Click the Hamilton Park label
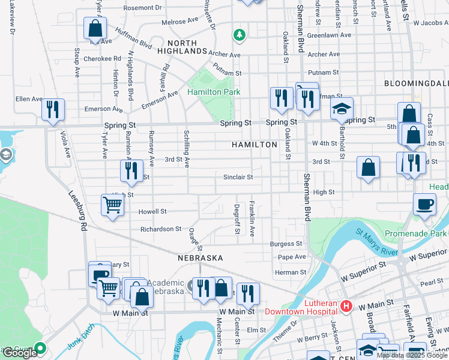tap(214, 92)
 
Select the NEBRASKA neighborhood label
tap(200, 257)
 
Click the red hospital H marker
tap(346, 307)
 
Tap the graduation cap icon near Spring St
tap(342, 108)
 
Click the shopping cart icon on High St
tap(112, 205)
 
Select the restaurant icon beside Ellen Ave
tap(53, 109)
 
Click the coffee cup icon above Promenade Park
tap(424, 203)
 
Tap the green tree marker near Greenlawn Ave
tap(240, 35)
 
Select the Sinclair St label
tap(238, 178)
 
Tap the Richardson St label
tap(160, 229)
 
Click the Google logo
tap(20, 353)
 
